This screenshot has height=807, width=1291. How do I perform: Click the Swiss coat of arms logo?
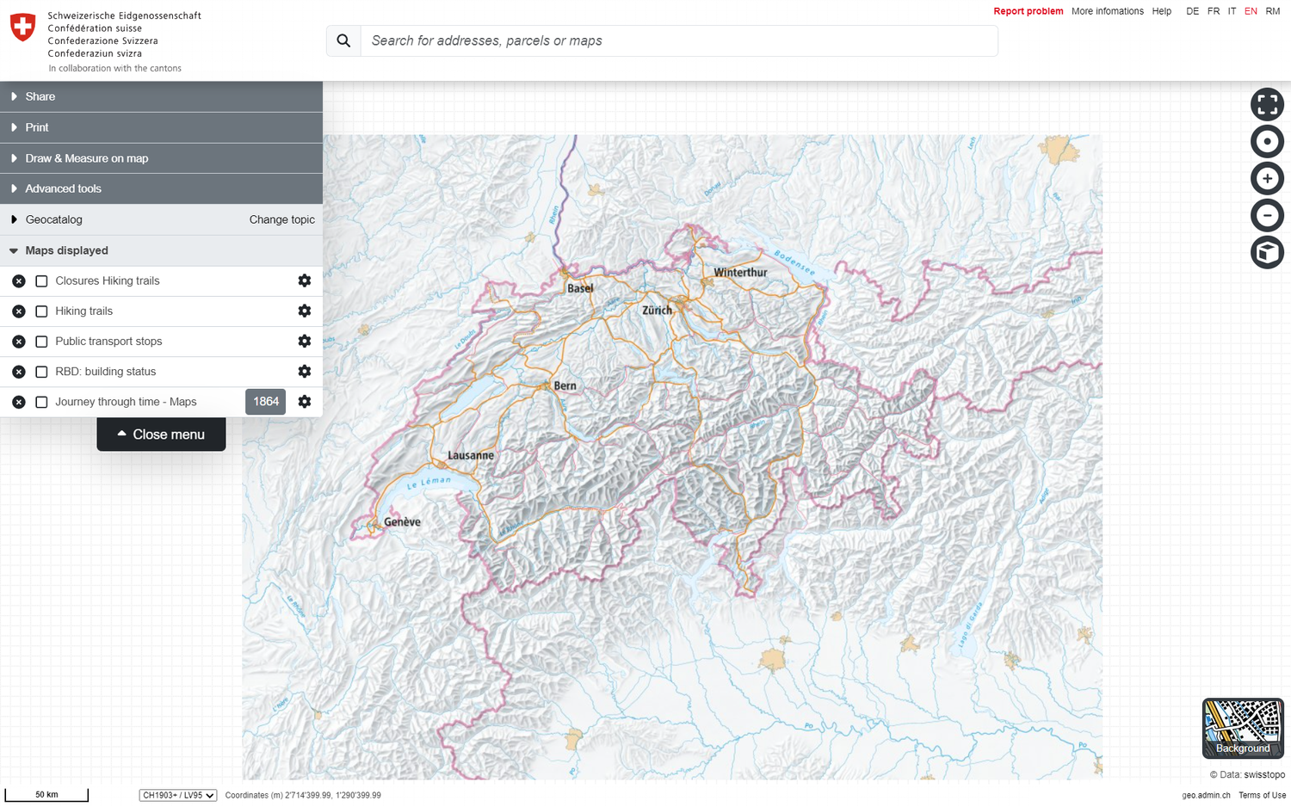coord(22,27)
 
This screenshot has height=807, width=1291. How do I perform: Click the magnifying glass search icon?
coord(343,40)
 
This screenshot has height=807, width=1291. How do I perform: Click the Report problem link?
coord(1028,11)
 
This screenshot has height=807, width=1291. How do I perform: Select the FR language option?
coord(1213,11)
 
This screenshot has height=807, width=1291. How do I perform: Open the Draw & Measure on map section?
coord(86,158)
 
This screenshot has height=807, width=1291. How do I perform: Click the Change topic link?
coord(281,219)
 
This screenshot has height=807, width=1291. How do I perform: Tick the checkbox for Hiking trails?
coord(41,311)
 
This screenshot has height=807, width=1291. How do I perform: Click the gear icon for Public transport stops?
coord(304,342)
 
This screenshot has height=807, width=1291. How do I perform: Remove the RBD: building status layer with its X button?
coord(19,372)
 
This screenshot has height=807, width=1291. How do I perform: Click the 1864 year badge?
coord(265,402)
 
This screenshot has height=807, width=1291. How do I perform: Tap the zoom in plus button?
coord(1267,178)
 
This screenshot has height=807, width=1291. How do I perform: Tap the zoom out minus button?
coord(1267,215)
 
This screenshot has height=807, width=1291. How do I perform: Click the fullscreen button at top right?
coord(1267,104)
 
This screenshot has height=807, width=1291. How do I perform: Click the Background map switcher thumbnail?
coord(1242,727)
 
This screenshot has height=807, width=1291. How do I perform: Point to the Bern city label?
coord(565,385)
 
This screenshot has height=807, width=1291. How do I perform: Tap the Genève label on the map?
coord(402,522)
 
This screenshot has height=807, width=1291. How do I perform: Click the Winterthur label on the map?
coord(740,273)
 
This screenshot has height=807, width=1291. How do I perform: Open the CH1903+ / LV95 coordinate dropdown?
coord(177,795)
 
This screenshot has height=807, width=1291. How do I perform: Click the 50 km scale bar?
coord(46,795)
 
